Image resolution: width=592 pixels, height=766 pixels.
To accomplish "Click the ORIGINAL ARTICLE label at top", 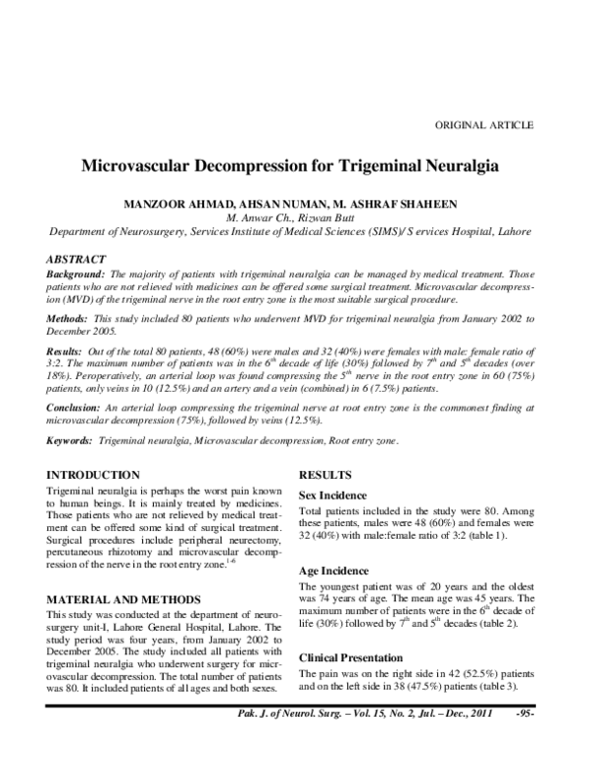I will pyautogui.click(x=484, y=125).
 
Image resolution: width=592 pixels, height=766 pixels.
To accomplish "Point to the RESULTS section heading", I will pyautogui.click(x=326, y=475).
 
